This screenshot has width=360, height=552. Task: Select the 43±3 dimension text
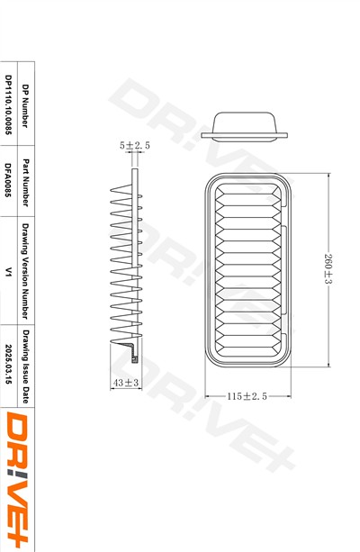[x=126, y=384]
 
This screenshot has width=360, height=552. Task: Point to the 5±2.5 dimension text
[x=134, y=144]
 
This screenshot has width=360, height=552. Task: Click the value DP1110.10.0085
[x=8, y=106]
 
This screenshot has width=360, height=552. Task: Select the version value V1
[x=8, y=269]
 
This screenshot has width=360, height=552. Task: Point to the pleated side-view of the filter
[x=126, y=270]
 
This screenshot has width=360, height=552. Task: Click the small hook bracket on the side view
[x=134, y=354]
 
